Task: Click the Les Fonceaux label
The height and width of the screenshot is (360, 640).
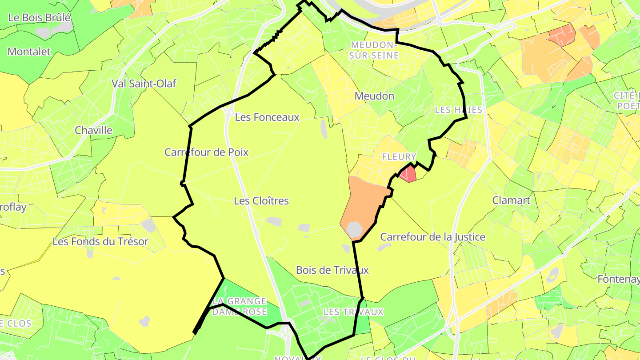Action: (267, 117)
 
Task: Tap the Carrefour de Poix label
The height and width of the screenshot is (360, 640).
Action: (206, 152)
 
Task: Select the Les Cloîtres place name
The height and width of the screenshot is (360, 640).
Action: (261, 201)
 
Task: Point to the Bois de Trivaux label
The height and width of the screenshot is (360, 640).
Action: (332, 270)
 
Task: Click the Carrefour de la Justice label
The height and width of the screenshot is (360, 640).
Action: (433, 237)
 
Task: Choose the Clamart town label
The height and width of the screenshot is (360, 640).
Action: (511, 200)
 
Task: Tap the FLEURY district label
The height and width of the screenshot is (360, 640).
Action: (399, 157)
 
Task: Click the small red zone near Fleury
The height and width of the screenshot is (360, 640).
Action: (408, 174)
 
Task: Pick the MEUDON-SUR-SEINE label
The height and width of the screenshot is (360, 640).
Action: (373, 50)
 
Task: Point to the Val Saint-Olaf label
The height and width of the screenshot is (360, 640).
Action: (144, 84)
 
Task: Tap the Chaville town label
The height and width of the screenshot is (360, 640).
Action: (94, 131)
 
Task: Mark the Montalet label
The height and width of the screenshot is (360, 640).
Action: (29, 52)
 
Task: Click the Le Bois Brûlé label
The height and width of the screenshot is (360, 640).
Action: (40, 18)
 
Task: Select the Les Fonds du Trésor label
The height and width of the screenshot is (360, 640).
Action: (100, 242)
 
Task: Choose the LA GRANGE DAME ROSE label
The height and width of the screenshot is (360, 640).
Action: (239, 307)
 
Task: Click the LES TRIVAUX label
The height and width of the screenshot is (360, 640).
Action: (353, 312)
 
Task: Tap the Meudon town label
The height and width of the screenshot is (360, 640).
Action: (374, 96)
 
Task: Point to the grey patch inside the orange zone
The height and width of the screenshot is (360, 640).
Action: (355, 229)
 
